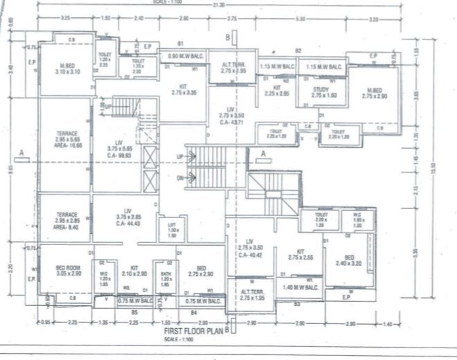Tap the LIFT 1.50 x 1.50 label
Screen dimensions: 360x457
[x=172, y=228]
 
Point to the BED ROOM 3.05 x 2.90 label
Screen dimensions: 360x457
[x=69, y=271]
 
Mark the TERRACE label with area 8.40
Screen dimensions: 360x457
[x=67, y=219]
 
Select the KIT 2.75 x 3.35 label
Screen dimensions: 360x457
[x=183, y=89]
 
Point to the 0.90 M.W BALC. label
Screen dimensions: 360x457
[x=184, y=56]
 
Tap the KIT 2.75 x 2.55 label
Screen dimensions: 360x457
[x=301, y=255]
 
